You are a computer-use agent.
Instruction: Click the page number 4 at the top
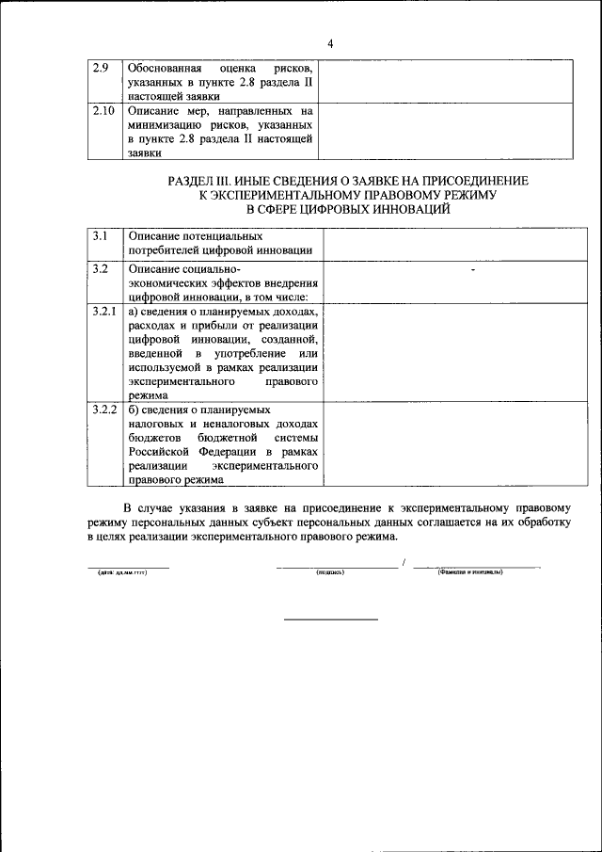[331, 44]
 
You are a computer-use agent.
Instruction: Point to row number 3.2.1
[103, 311]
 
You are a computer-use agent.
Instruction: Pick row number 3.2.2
[103, 410]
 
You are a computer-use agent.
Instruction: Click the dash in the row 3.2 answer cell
[473, 270]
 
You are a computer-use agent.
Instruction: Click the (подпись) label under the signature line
[332, 572]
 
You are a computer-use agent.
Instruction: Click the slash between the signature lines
[404, 563]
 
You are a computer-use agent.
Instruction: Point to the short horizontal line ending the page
[331, 619]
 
